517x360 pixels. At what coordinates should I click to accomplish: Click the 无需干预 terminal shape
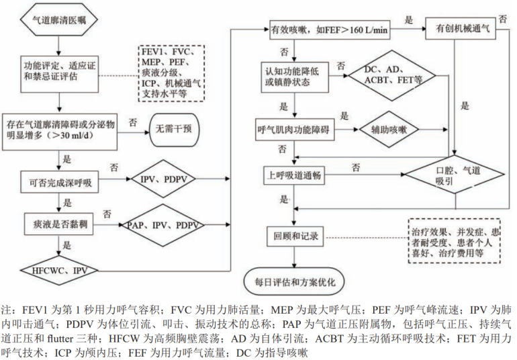pos(176,126)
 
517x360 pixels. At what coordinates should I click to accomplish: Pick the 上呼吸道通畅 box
pos(291,175)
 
